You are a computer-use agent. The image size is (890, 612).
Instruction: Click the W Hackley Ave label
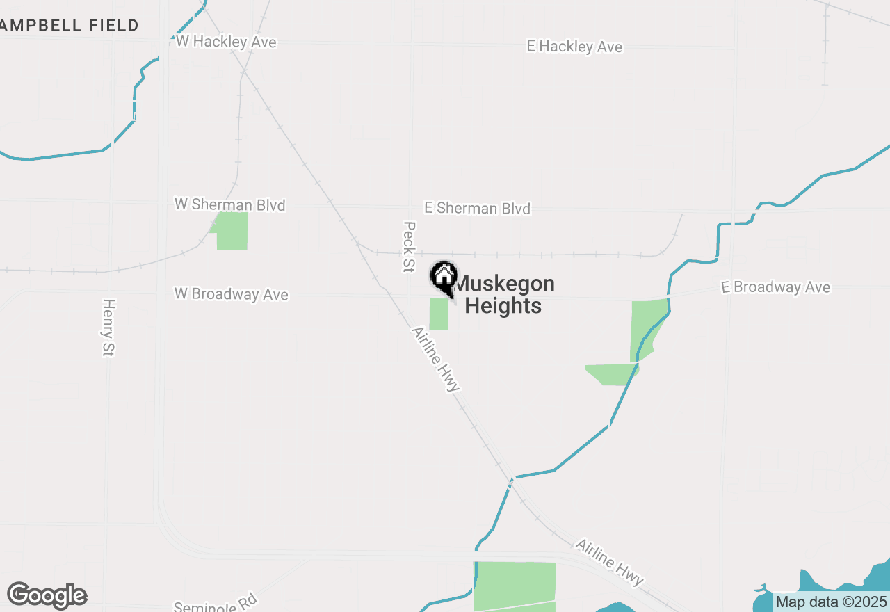226,42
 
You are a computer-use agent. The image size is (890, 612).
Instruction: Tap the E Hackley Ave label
574,47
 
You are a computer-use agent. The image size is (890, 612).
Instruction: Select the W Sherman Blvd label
229,204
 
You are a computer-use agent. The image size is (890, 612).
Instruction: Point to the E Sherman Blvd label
477,208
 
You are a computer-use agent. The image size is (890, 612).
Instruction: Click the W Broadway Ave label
231,294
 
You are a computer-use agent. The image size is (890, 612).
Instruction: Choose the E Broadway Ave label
775,287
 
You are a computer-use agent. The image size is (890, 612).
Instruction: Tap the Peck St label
409,247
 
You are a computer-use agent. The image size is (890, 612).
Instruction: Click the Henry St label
108,328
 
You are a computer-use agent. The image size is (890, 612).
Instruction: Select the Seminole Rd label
216,602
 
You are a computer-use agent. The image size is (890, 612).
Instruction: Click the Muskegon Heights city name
503,294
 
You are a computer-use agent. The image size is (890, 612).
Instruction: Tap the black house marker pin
444,276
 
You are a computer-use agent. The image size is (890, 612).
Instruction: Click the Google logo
47,595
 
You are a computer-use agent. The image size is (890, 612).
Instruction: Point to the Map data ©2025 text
832,602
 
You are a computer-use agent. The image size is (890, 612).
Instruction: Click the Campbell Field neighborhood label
70,26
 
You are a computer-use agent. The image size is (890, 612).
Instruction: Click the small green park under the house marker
439,314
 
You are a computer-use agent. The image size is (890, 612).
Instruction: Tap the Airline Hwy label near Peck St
436,360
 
